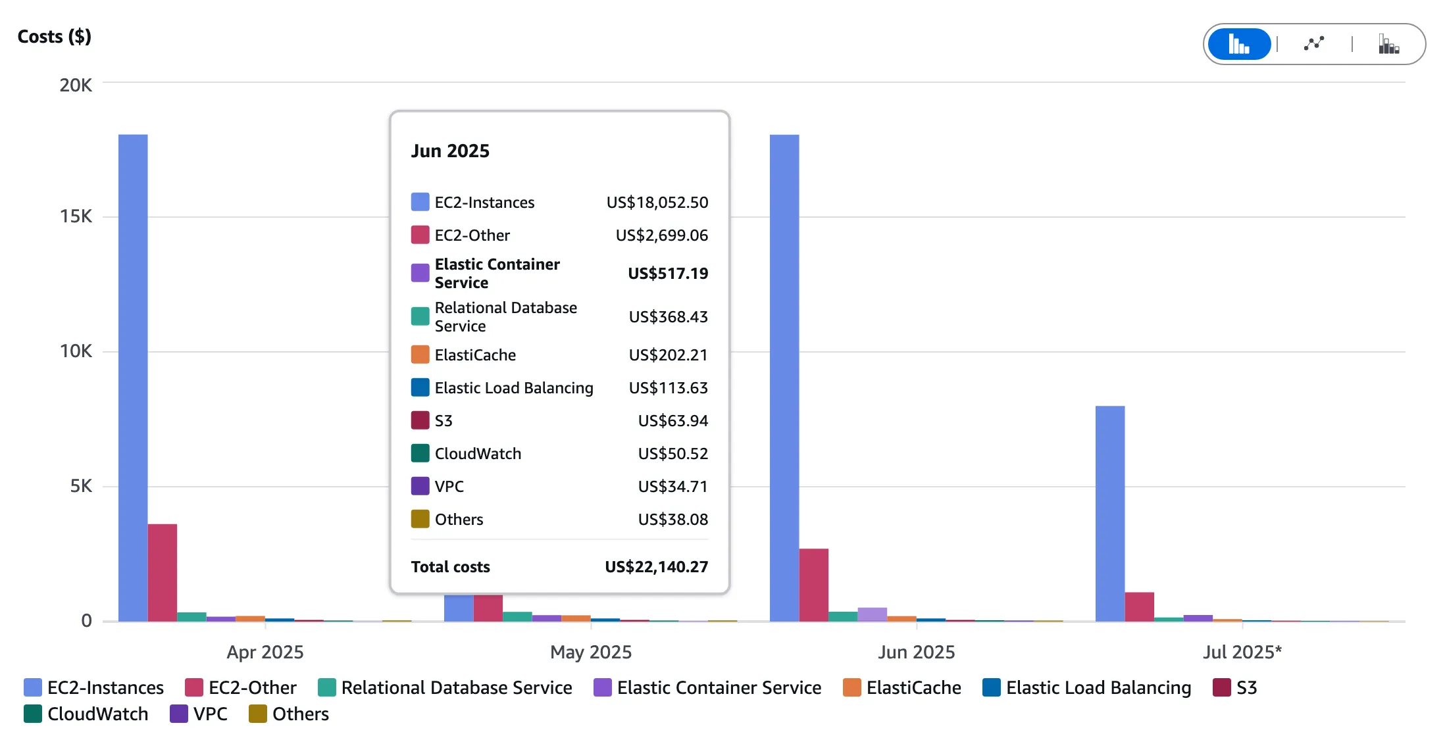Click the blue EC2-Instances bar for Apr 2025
coord(133,378)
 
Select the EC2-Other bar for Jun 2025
coord(813,585)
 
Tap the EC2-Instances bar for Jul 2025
coord(1109,513)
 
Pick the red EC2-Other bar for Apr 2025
coord(162,572)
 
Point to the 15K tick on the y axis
coord(76,216)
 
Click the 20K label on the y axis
coord(76,86)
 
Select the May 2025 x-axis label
coord(590,652)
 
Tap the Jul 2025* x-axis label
coord(1242,652)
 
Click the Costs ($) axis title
coord(54,37)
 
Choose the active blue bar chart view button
coord(1239,44)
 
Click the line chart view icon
coord(1314,44)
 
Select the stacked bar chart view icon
coord(1388,44)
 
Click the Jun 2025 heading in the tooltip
coord(450,151)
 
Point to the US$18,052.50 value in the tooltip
coord(657,203)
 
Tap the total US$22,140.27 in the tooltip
coord(656,567)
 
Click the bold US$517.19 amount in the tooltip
coord(667,274)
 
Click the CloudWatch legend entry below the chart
coord(86,714)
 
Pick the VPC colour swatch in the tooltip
coord(420,486)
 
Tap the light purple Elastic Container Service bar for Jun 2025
coord(872,614)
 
